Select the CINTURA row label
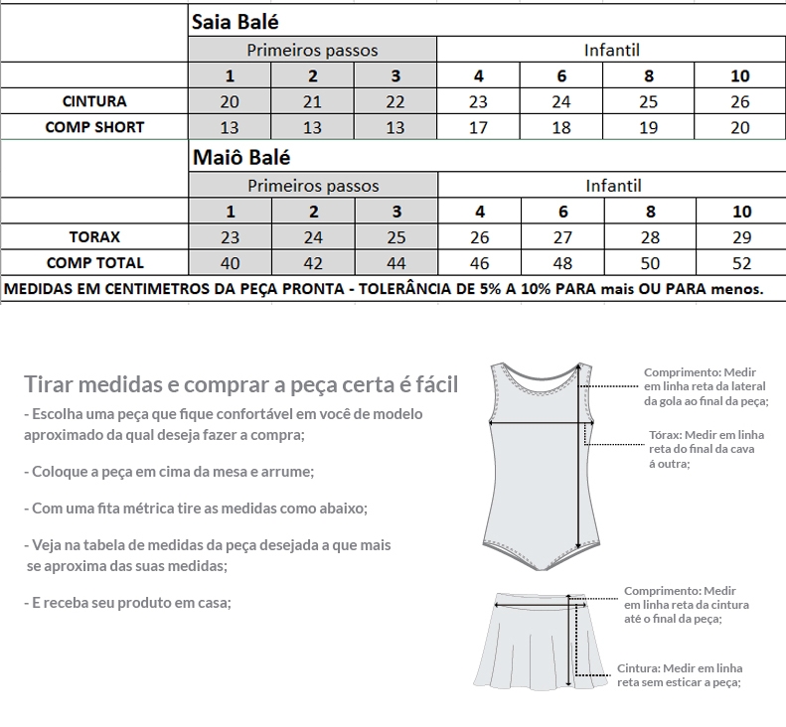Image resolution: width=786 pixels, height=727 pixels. [94, 101]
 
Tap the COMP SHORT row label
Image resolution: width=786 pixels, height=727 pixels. [94, 127]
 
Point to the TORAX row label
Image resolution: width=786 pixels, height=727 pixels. [94, 237]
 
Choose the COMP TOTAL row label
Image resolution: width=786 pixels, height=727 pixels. [94, 263]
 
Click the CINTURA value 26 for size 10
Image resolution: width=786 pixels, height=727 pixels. [740, 101]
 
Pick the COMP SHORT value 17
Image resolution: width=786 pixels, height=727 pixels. [479, 127]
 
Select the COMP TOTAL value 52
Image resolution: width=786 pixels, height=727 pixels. [740, 263]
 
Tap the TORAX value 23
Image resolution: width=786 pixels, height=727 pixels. [230, 237]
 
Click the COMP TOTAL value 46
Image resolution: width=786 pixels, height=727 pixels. [479, 263]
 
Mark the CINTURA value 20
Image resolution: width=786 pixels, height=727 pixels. [230, 101]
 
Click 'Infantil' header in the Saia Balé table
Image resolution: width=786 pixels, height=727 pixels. [612, 50]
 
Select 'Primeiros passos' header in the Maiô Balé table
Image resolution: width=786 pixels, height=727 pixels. [313, 186]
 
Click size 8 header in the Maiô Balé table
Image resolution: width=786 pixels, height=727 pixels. [651, 212]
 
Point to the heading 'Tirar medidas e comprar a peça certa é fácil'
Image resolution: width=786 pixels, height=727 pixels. [241, 384]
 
